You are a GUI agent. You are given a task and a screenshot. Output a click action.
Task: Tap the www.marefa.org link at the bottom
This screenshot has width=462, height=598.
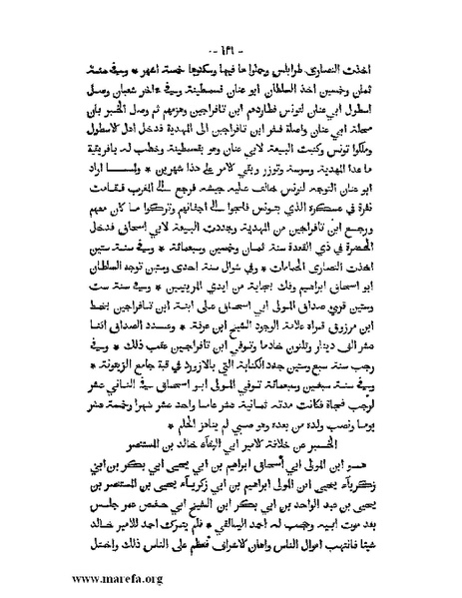(x=74, y=576)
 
